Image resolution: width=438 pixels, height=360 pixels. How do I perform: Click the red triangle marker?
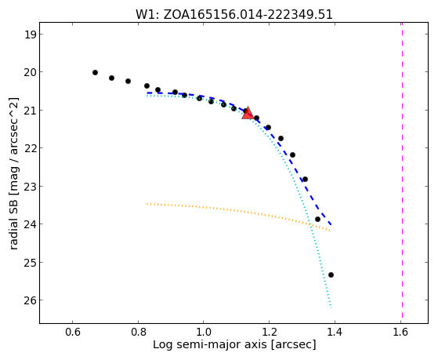click(248, 113)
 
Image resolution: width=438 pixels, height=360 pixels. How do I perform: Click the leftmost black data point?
click(95, 72)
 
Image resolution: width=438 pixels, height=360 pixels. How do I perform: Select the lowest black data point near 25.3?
click(331, 275)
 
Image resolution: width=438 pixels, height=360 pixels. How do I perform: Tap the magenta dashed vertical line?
click(402, 170)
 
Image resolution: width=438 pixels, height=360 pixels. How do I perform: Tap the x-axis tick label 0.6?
click(73, 332)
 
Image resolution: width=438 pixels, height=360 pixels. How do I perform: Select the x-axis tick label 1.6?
click(400, 332)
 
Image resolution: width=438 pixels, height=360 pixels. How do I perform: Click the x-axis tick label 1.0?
click(204, 332)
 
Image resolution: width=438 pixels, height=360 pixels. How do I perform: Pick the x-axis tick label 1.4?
click(335, 332)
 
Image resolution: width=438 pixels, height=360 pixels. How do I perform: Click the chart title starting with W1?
click(234, 14)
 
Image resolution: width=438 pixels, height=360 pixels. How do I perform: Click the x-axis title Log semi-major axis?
click(234, 344)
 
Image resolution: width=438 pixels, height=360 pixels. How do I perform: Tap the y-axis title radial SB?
click(13, 173)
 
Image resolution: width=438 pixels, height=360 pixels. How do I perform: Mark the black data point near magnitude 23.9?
click(317, 219)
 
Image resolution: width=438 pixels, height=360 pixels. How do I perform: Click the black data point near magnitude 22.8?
click(305, 179)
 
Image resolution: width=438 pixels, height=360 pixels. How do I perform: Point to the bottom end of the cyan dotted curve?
click(331, 307)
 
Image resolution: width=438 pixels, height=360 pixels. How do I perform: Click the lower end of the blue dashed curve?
click(331, 224)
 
